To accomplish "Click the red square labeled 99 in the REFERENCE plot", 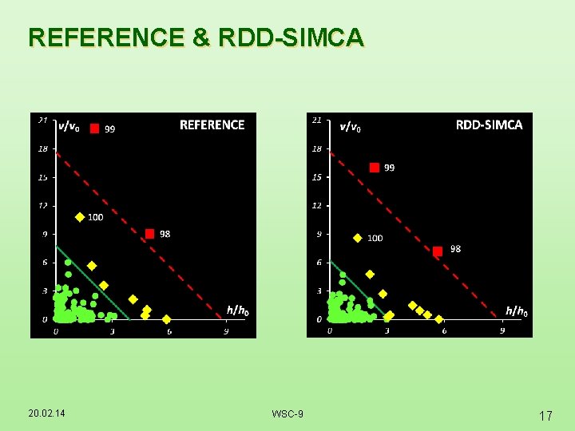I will (x=94, y=128).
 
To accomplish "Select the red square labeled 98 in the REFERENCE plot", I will (x=149, y=234).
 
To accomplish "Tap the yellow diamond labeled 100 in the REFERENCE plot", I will (x=80, y=216).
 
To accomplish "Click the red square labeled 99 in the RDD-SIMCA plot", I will (x=374, y=168).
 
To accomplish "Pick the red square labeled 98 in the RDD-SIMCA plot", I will (x=437, y=251).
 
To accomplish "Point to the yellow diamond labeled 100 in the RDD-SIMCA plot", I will (x=357, y=238).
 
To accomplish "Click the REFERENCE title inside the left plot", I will (x=212, y=125).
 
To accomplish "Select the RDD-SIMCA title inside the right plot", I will (x=489, y=125).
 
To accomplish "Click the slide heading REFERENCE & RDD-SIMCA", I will (x=196, y=38).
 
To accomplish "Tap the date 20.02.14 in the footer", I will (x=46, y=413).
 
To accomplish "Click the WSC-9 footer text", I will (x=287, y=413).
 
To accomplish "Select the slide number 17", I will (x=545, y=415).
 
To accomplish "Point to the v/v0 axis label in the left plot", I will (x=68, y=125).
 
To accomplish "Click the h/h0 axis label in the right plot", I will (x=516, y=311).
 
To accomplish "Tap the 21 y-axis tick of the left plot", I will (x=43, y=121).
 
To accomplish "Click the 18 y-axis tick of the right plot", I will (x=317, y=148).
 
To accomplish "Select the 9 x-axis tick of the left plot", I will (x=226, y=331).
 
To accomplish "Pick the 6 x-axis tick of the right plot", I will (x=444, y=331).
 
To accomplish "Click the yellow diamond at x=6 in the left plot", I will (x=166, y=319).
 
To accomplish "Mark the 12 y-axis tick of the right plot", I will (x=317, y=206).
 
